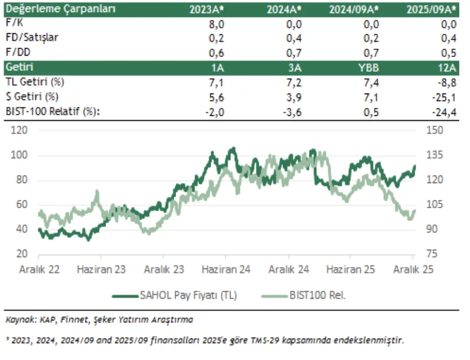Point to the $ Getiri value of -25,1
click(x=446, y=96)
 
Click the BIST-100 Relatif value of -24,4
click(x=446, y=112)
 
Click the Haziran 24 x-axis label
click(x=226, y=269)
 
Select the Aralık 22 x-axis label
click(x=40, y=269)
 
